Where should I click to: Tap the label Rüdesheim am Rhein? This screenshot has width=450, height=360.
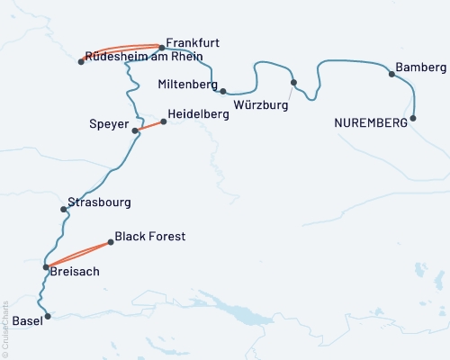144,56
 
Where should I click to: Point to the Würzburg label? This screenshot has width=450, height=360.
260,105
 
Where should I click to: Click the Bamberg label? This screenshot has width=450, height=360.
420,67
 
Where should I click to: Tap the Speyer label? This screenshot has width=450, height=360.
109,123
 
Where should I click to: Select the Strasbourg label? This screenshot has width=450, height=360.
100,202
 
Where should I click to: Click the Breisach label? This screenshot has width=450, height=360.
76,271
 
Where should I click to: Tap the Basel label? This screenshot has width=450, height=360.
27,321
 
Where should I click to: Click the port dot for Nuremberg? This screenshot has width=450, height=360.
413,118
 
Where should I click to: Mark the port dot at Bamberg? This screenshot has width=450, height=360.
391,74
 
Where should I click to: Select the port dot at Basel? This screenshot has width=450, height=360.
49,317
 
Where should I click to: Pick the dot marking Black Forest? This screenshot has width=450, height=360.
111,241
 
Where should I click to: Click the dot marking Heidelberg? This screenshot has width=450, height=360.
162,121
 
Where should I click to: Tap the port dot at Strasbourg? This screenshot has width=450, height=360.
63,209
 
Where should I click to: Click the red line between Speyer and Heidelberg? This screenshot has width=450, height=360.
148,126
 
